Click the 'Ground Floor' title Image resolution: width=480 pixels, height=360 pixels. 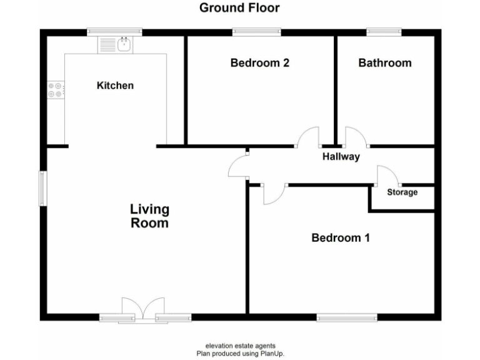coord(239,8)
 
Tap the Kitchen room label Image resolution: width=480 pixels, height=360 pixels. coord(115,85)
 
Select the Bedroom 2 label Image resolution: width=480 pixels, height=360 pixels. coord(259,62)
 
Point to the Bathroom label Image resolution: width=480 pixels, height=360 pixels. coord(384,62)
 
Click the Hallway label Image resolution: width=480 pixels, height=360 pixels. coord(341,157)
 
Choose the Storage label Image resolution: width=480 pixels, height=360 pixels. coord(402,192)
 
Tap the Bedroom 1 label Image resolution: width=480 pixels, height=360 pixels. coord(341,237)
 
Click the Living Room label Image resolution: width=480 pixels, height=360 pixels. coord(149,216)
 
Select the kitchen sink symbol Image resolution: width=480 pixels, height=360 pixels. coord(124,44)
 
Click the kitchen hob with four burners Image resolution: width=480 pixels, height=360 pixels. coord(55,90)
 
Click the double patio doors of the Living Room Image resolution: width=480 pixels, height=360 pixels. coord(143,310)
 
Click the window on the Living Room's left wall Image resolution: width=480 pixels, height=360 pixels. coord(42,187)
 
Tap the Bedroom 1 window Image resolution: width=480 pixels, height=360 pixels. coord(347,317)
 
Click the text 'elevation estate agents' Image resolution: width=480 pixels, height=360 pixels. coord(240,346)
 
